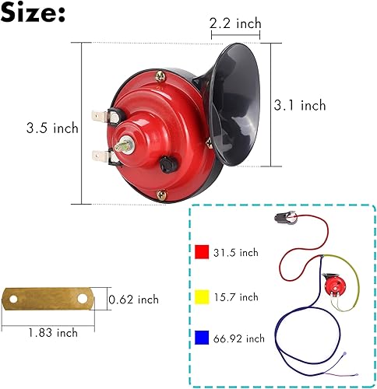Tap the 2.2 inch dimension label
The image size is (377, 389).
[x=235, y=24]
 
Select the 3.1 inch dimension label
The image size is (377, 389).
[x=299, y=104]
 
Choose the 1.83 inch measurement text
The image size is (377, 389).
[x=52, y=332]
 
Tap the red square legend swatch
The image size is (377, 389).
[x=202, y=252]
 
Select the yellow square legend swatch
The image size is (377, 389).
[x=202, y=296]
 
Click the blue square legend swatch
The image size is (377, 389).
[x=202, y=338]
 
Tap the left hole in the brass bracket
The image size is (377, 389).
[x=12, y=299]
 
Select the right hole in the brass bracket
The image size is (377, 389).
[x=83, y=299]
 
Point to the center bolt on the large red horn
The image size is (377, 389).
[x=125, y=145]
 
